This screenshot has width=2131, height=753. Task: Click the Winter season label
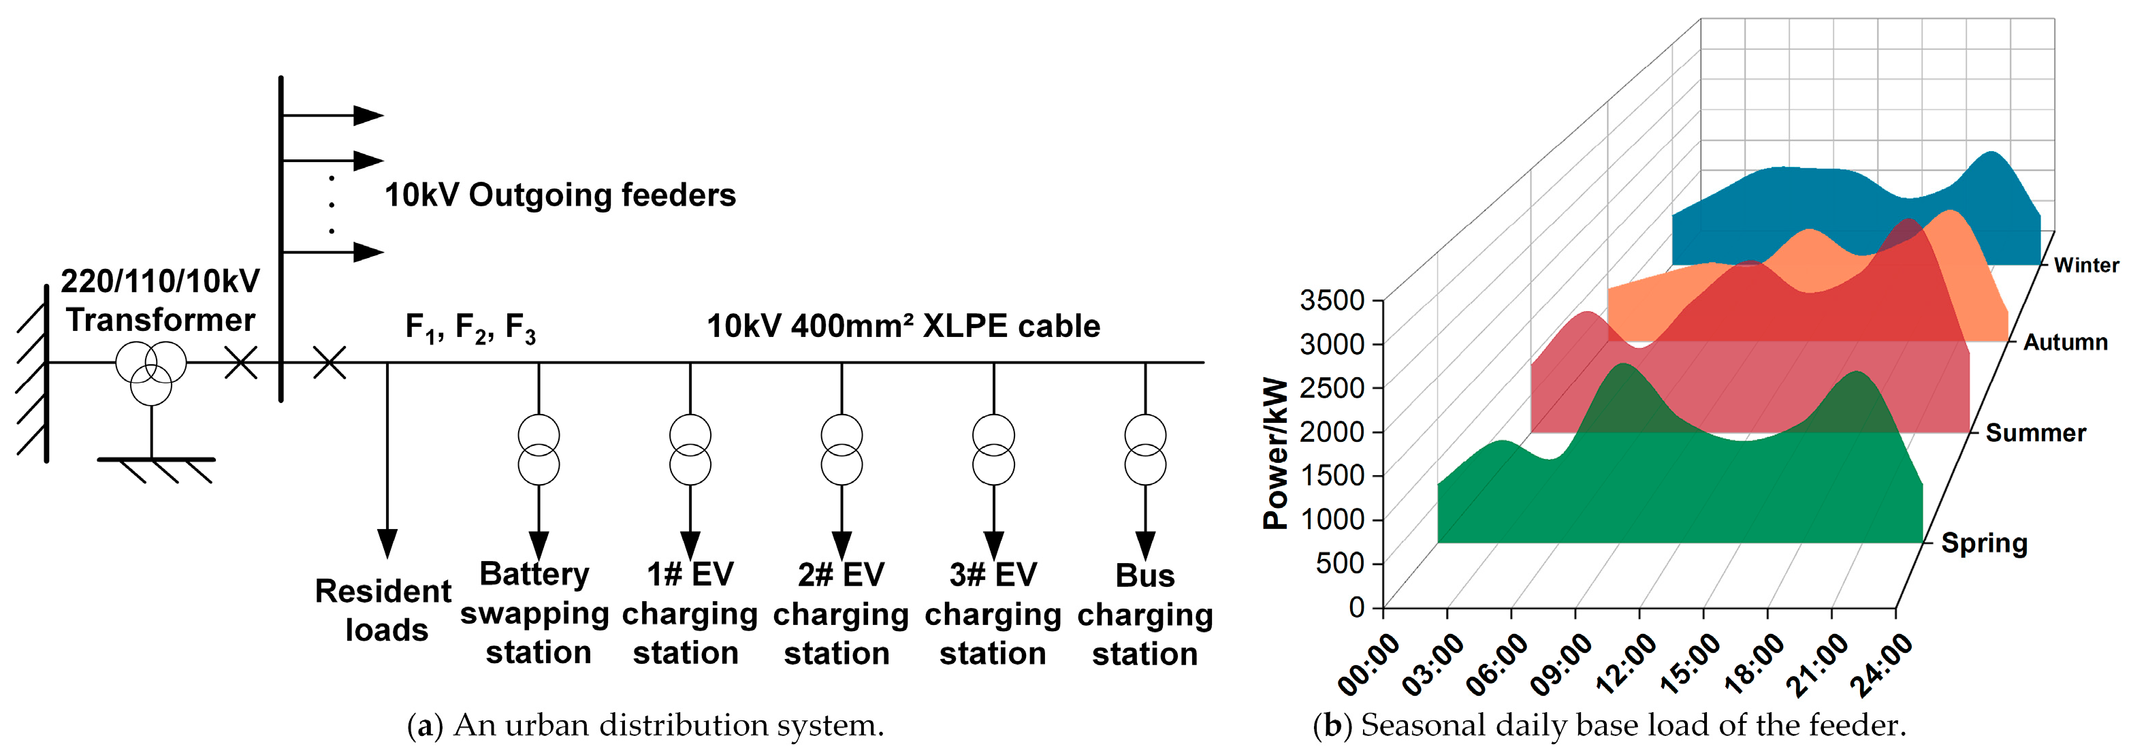coord(2085,265)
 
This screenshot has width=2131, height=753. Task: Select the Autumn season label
coord(2065,342)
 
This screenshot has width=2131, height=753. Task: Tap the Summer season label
coord(2035,433)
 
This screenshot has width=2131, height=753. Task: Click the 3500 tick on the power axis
coord(1332,300)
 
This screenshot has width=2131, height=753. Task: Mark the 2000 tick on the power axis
coord(1332,431)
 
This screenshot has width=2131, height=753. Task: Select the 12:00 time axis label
coord(1627,663)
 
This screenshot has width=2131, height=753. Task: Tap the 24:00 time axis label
coord(1882,664)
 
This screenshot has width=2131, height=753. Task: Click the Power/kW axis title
coord(1277,453)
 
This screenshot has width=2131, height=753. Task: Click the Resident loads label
coord(385,610)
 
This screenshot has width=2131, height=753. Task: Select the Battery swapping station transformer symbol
coord(539,449)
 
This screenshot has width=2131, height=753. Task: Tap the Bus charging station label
coord(1145,614)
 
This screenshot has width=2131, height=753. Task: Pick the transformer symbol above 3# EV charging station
coord(993,449)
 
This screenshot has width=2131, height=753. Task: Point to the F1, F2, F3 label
coord(470,327)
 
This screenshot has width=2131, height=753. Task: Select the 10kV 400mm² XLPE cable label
coord(903,326)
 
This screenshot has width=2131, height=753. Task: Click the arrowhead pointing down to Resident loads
coord(387,544)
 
